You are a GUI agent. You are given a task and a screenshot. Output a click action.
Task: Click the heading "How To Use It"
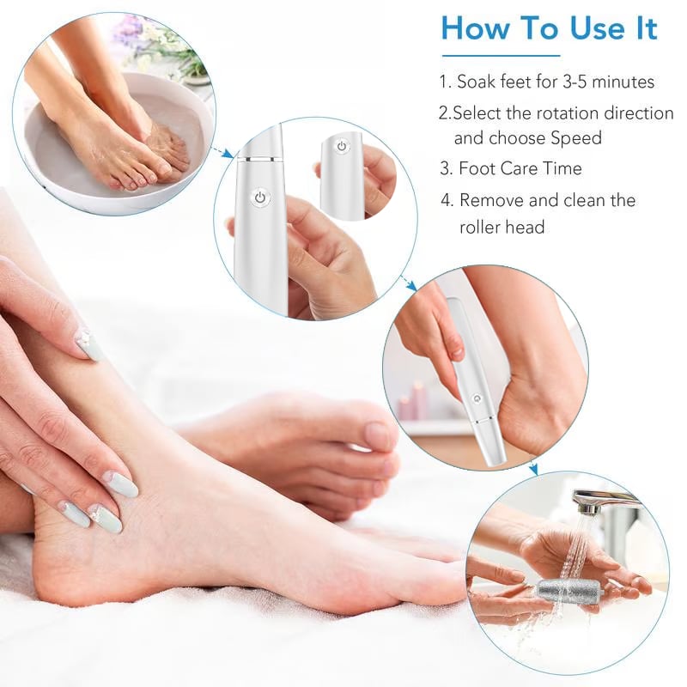549,28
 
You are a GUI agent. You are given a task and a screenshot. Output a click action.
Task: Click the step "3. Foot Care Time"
511,168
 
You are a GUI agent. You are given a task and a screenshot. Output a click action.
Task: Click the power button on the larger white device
259,198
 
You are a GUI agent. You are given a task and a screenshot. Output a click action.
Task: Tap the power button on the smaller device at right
341,147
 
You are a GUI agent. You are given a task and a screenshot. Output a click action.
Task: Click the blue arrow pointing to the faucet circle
532,468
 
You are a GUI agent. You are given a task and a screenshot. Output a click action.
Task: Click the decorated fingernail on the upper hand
89,345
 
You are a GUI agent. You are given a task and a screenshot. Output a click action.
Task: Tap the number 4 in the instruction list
447,201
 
